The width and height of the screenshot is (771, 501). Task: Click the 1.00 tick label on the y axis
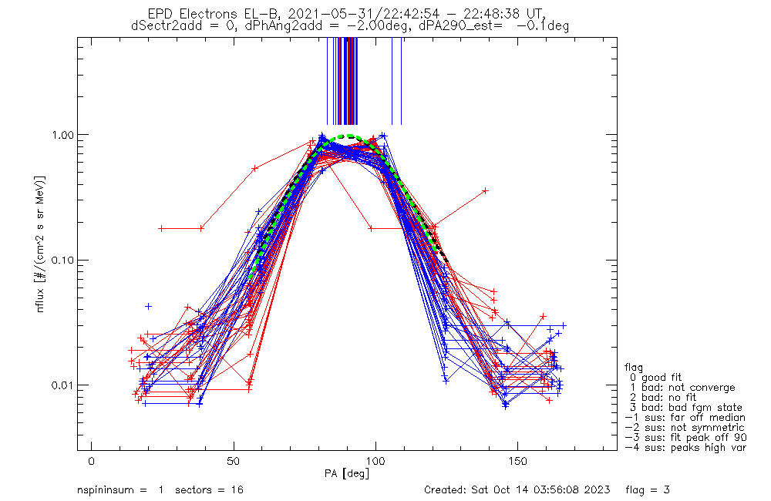click(x=62, y=135)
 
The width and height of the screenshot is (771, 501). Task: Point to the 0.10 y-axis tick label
click(x=62, y=260)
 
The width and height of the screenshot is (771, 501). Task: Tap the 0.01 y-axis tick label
click(x=62, y=385)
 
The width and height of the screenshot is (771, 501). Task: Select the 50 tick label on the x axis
click(x=234, y=461)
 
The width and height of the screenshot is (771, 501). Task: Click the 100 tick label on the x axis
click(x=375, y=461)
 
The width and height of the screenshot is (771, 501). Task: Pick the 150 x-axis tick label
click(x=518, y=461)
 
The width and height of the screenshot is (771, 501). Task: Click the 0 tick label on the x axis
click(x=92, y=461)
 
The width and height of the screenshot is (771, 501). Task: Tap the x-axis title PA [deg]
click(x=347, y=473)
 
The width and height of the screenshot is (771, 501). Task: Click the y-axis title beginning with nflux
click(x=40, y=244)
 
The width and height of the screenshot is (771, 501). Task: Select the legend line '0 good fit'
click(x=655, y=378)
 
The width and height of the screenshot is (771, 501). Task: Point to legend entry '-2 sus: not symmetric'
click(x=685, y=428)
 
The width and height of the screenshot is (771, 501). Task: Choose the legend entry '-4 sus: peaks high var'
click(x=685, y=448)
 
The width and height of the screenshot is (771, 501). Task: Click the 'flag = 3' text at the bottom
click(x=648, y=489)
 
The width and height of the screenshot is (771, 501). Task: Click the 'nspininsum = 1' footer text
click(x=120, y=489)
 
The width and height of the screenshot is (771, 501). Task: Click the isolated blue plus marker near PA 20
click(x=148, y=307)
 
